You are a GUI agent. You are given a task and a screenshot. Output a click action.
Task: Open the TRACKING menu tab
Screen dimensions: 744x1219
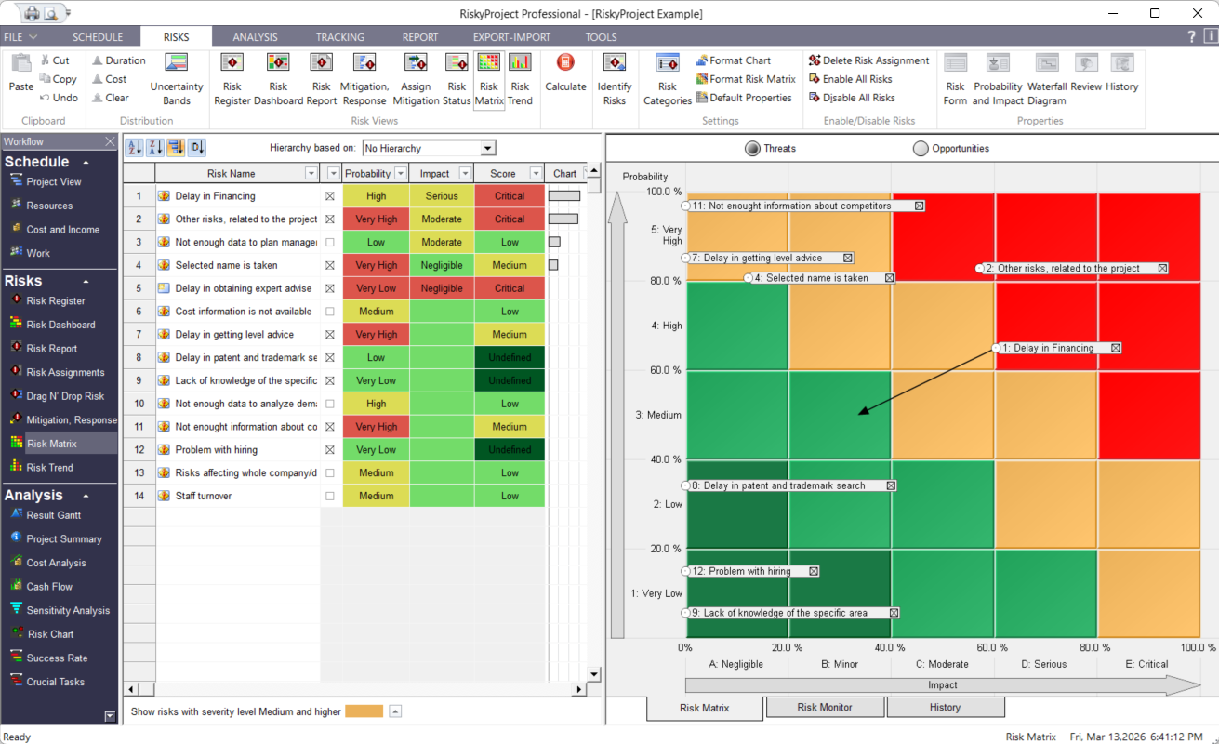tap(339, 37)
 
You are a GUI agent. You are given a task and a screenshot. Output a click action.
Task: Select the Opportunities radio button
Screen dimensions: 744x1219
tap(921, 149)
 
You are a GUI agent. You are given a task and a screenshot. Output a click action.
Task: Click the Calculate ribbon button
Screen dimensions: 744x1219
tap(565, 73)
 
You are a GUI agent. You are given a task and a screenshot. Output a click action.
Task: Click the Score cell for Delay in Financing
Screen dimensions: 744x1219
tap(510, 196)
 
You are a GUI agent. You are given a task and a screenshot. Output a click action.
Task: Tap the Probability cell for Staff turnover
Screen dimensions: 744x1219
tap(376, 496)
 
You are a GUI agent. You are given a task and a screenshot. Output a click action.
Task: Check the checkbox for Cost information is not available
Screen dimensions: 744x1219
tap(330, 312)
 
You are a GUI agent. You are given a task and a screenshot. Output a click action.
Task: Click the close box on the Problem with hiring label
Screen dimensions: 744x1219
tap(814, 572)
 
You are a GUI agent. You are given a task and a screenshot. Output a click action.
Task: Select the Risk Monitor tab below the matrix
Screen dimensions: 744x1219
tap(825, 708)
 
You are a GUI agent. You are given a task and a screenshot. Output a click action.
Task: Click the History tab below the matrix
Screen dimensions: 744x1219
tap(945, 708)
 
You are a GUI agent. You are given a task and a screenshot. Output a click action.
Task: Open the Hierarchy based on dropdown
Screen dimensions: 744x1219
tap(488, 148)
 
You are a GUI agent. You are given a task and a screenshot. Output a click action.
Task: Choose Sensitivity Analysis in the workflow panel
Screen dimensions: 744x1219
tap(68, 610)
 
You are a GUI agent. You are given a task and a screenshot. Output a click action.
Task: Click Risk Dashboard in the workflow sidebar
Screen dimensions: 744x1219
tap(60, 325)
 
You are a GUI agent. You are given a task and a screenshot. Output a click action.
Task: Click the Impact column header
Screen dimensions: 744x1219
tap(434, 174)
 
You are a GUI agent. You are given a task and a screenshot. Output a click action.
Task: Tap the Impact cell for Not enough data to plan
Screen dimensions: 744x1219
tap(442, 242)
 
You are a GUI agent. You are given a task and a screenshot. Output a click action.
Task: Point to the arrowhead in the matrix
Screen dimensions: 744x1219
tap(861, 412)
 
